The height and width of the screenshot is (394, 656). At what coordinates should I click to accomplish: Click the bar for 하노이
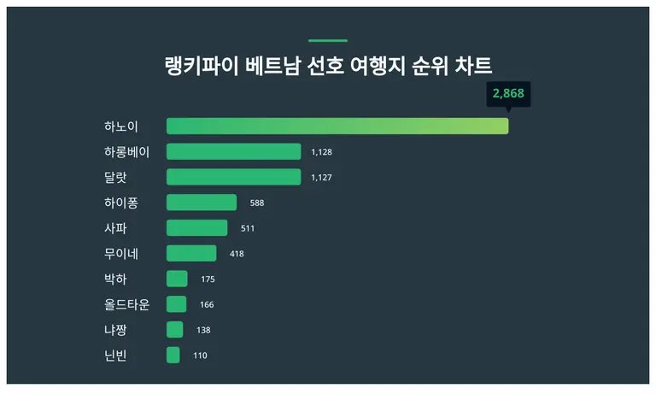[337, 126]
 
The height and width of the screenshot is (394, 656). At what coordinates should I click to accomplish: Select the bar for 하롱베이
[233, 152]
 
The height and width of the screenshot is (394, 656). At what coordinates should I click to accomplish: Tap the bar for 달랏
[233, 177]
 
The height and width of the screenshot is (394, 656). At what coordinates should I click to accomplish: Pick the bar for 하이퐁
[202, 203]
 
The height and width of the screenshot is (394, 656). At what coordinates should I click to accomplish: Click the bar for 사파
[196, 228]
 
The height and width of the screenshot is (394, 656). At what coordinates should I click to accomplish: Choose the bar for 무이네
[191, 253]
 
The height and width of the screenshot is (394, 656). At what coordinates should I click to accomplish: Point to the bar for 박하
[177, 279]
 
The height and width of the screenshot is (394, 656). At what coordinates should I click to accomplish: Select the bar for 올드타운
[176, 304]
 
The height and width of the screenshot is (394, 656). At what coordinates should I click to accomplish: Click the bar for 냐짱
[174, 330]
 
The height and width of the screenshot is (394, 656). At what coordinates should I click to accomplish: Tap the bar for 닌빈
[173, 355]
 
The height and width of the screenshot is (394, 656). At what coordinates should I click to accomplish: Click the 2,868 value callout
[508, 93]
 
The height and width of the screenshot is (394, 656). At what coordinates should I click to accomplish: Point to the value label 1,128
[321, 152]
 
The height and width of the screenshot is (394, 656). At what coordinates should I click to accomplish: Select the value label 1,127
[321, 178]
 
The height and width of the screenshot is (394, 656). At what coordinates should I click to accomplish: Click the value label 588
[257, 203]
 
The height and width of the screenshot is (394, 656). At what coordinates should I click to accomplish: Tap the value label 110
[200, 356]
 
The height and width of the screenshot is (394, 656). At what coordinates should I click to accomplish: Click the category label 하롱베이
[126, 152]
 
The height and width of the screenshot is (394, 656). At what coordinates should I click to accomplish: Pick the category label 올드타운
[126, 304]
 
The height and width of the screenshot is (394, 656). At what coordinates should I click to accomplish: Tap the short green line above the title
[327, 40]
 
